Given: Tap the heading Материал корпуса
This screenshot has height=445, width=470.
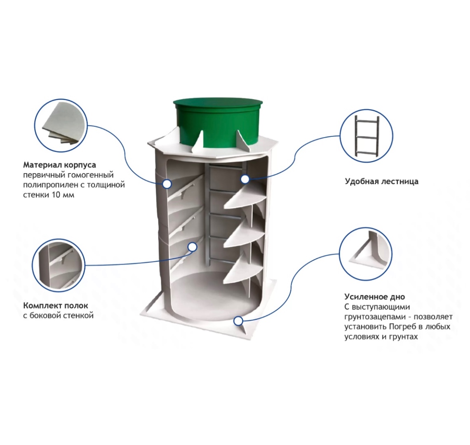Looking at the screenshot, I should [x=60, y=165].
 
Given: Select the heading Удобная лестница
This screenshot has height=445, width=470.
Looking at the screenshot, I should [x=381, y=181].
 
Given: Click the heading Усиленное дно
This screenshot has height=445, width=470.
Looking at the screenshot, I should [x=374, y=297].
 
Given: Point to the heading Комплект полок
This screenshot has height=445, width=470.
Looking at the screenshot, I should [x=56, y=306].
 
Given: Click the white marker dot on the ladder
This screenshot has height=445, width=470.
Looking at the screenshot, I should [x=245, y=179].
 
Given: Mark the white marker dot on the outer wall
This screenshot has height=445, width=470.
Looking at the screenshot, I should [x=167, y=184].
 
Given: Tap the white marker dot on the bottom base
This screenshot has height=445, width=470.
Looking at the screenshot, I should [x=237, y=321].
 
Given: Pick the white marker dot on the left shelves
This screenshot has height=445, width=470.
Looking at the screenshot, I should [x=192, y=247].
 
